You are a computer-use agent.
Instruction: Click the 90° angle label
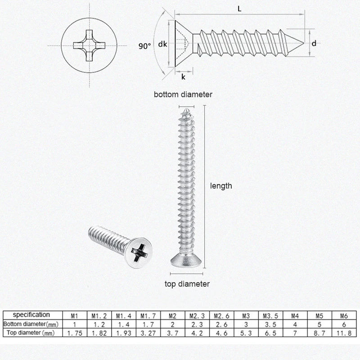click(144, 46)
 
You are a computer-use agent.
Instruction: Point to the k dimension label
click(183, 76)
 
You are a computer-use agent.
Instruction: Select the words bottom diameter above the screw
click(183, 94)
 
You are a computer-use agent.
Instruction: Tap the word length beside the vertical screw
click(221, 185)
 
